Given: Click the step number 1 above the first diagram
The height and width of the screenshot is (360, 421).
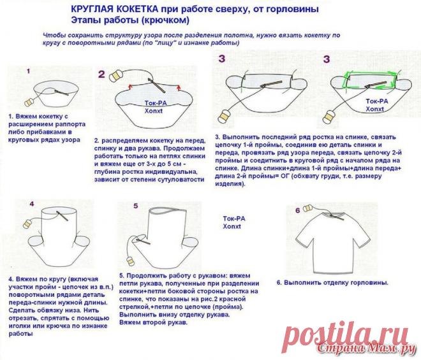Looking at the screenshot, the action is tap(28, 71).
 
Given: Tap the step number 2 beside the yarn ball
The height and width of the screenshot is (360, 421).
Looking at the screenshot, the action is tap(101, 74).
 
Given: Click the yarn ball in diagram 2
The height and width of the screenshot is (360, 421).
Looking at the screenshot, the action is tap(116, 76).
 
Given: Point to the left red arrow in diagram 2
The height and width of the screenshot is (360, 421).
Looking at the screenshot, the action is tap(131, 87).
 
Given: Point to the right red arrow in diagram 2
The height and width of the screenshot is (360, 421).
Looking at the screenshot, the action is tap(178, 87).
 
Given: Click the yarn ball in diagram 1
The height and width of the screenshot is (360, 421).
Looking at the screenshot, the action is tap(29, 103).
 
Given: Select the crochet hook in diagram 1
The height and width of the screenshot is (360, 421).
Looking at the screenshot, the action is tap(62, 93).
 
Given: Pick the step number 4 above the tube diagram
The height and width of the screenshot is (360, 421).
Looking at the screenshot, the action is tap(32, 204).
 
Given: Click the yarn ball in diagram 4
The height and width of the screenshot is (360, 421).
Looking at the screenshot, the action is tap(27, 224).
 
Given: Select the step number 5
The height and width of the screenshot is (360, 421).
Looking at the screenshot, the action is tap(136, 206).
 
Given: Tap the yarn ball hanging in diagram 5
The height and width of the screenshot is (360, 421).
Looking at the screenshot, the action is tap(131, 261).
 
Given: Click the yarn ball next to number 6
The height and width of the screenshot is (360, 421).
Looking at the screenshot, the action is tap(307, 208).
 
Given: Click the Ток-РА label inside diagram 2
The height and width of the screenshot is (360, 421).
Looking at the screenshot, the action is tap(156, 103).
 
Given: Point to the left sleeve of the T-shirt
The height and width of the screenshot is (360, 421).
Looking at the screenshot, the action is tap(306, 234).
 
